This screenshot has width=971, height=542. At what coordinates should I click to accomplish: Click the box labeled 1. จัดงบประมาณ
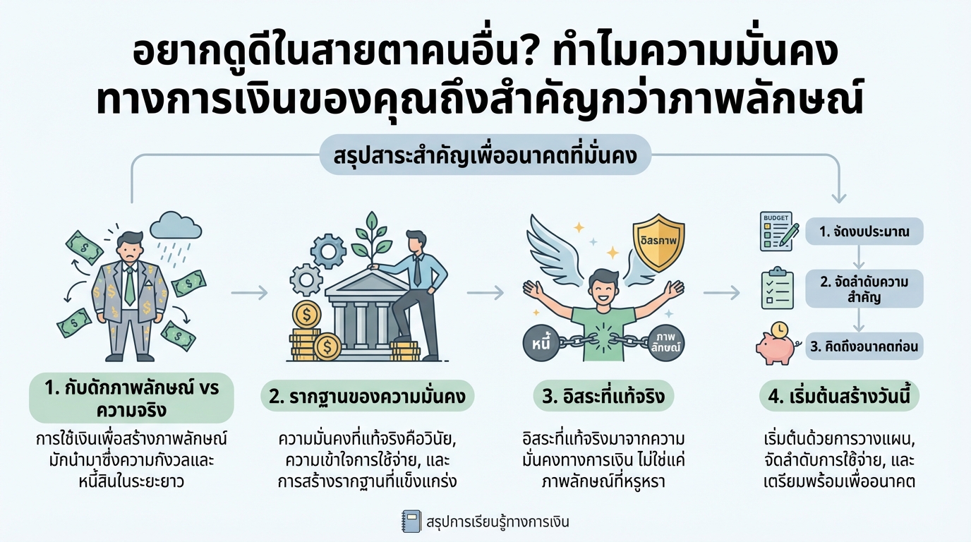coord(864,231)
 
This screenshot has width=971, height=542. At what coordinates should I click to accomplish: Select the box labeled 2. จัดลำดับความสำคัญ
coord(864,289)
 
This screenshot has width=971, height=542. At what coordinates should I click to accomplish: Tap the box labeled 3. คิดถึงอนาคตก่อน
coord(864,347)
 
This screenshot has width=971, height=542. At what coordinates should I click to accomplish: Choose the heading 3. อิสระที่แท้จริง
coord(603,397)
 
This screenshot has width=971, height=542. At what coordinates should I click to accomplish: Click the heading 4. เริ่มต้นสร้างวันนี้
coord(839,397)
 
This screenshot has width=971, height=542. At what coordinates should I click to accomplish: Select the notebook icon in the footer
coord(410,522)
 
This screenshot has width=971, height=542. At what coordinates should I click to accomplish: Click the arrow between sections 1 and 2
coord(250,291)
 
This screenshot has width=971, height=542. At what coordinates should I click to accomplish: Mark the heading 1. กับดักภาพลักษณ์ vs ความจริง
coord(133,397)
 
